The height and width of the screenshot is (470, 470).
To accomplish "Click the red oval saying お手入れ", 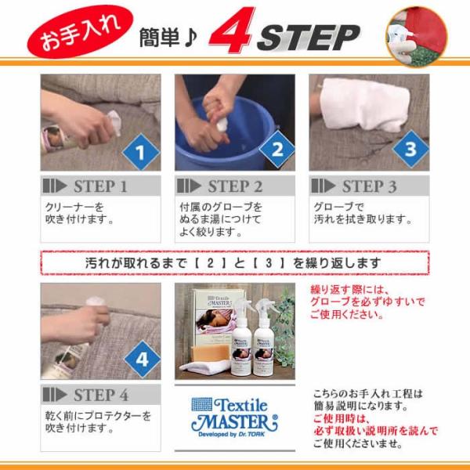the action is click(x=80, y=32).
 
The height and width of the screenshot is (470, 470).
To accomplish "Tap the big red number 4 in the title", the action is click(x=233, y=30).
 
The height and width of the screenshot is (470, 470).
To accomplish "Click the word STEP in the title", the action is click(x=309, y=38).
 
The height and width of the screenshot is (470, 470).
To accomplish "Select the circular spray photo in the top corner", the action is click(x=417, y=36).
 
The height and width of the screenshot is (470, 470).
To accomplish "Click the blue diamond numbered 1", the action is click(x=141, y=152).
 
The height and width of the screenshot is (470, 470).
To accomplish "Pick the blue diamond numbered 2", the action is click(x=277, y=149).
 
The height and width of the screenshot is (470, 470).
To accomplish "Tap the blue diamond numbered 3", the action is click(x=410, y=149).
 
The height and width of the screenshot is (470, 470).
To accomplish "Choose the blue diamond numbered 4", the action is click(x=142, y=359).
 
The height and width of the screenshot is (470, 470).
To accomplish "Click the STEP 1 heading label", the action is click(x=101, y=186).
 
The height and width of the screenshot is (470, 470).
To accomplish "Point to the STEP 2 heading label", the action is click(x=235, y=186).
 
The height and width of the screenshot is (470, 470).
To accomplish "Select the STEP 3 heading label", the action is click(x=369, y=186).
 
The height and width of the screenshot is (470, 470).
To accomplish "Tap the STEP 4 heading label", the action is click(x=101, y=395).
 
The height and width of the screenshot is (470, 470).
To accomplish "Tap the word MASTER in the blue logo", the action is click(x=234, y=422).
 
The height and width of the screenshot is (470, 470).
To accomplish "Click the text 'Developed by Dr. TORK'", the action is click(x=231, y=434).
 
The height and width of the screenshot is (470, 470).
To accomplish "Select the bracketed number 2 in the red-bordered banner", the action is click(x=211, y=263).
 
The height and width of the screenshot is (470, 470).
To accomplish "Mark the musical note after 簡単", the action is click(x=190, y=38).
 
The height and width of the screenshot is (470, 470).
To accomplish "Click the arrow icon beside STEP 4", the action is click(x=55, y=395).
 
